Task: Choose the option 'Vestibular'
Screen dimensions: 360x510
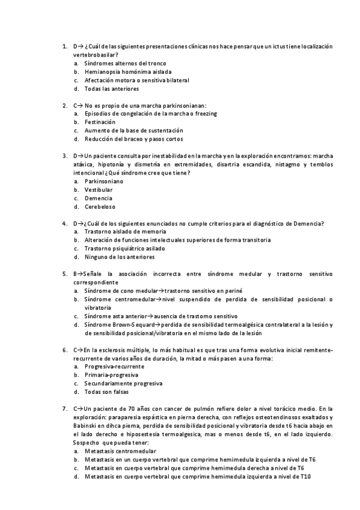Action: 99,190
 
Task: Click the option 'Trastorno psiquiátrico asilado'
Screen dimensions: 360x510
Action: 124,248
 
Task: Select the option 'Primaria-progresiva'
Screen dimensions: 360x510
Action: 111,375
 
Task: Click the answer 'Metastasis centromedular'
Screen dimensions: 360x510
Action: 120,451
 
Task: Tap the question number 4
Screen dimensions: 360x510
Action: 64,224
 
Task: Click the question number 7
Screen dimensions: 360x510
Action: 64,409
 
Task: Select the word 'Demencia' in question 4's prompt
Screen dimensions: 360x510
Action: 308,224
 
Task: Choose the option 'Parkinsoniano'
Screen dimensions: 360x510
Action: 104,182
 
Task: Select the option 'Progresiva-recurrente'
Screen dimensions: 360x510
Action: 114,366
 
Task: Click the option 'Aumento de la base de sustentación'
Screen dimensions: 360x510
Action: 133,131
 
